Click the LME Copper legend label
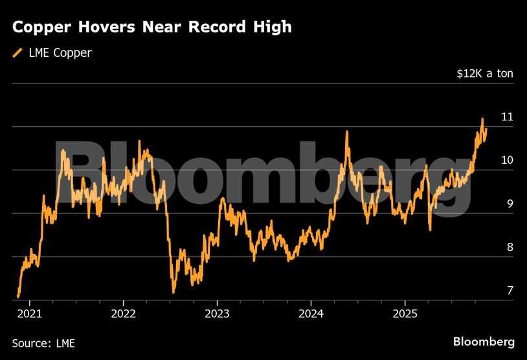60,53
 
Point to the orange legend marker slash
17,53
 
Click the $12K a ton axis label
484,73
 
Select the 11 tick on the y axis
507,117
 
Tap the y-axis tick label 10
507,161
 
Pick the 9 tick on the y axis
510,204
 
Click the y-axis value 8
510,247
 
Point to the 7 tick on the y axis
510,291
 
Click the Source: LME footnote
43,343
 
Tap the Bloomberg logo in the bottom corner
484,342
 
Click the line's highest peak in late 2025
482,119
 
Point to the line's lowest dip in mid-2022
174,292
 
